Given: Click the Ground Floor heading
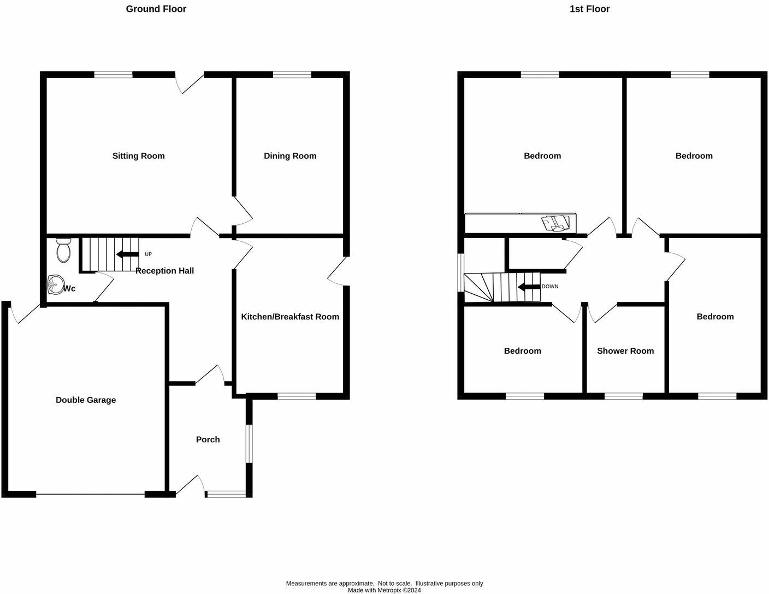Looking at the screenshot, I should click(156, 9).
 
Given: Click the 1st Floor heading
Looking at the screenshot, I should click(589, 9).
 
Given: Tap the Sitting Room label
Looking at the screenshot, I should click(138, 156).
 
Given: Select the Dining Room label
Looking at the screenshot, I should click(289, 156).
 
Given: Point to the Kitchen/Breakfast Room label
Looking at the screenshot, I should click(290, 317).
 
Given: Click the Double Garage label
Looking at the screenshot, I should click(86, 400).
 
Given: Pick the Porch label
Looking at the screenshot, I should click(208, 439).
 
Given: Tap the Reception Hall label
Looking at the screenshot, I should click(164, 271).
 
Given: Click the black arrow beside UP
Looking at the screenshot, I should click(127, 254).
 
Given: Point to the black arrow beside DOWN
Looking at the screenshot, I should click(528, 287).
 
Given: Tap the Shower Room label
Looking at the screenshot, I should click(625, 351).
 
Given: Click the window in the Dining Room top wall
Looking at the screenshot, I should click(292, 75).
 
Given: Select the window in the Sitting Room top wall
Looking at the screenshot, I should click(113, 75).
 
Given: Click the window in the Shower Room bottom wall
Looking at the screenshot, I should click(623, 396).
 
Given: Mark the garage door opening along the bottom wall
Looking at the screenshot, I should click(90, 495).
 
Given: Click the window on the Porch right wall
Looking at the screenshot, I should click(249, 444).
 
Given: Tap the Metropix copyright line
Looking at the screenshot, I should click(384, 590).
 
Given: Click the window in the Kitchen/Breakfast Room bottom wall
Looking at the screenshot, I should click(297, 396).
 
